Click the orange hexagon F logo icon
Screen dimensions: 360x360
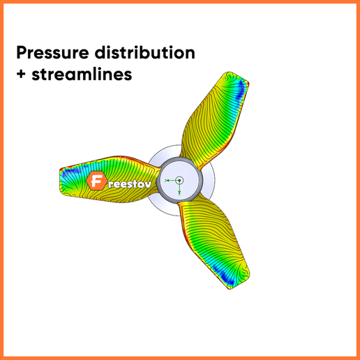point(97,183)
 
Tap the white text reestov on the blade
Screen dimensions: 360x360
point(128,184)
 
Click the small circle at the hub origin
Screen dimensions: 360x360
point(179,180)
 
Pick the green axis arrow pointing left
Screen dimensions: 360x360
point(167,181)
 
